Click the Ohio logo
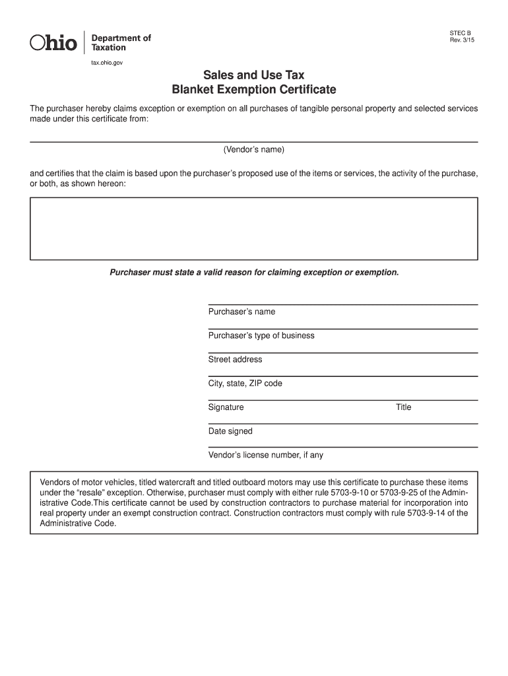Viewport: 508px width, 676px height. point(53,43)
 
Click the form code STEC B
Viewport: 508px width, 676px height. point(460,32)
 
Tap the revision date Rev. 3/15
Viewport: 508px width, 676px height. point(461,40)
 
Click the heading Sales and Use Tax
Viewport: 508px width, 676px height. point(253,75)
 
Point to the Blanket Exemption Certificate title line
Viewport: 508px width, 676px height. point(253,89)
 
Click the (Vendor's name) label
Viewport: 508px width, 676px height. point(253,150)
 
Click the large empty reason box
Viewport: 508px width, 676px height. point(253,228)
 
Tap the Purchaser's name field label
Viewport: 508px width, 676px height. point(241,312)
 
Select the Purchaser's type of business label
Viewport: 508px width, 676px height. point(261,335)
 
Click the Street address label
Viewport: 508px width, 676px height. point(235,360)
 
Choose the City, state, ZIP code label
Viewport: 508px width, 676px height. point(245,384)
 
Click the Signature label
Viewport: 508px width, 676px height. point(226,407)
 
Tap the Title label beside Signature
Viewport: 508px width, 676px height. point(403,407)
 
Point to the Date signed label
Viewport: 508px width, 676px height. point(230,431)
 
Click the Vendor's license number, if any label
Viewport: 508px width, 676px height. point(265,456)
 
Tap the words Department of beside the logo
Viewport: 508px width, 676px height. point(120,38)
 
